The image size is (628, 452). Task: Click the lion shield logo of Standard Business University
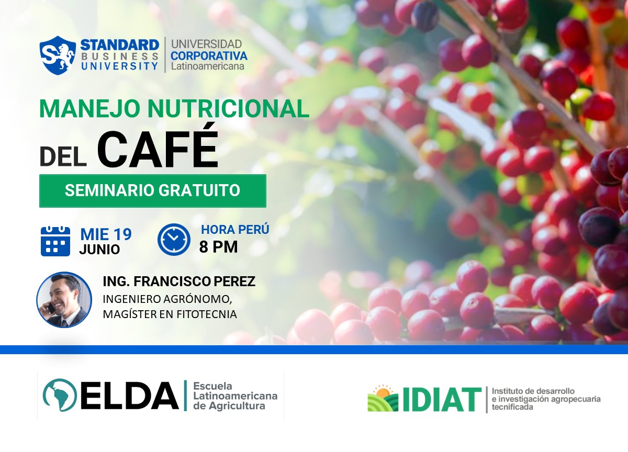58,54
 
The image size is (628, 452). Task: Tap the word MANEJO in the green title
89,108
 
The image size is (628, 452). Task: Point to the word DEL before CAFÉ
63,156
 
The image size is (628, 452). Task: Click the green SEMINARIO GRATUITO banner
152,190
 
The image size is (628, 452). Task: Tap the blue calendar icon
55,241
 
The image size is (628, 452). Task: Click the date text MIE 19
106,234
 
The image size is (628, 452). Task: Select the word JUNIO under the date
99,250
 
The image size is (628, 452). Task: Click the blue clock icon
174,240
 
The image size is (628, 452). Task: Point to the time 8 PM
218,246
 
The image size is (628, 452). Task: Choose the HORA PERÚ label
235,229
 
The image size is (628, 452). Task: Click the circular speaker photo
64,300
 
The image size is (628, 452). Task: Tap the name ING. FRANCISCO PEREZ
179,281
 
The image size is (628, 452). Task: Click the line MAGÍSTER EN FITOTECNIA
170,314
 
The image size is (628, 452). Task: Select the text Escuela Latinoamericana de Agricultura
235,395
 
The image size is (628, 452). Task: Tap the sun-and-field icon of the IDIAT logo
384,399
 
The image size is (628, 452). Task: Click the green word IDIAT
441,399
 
